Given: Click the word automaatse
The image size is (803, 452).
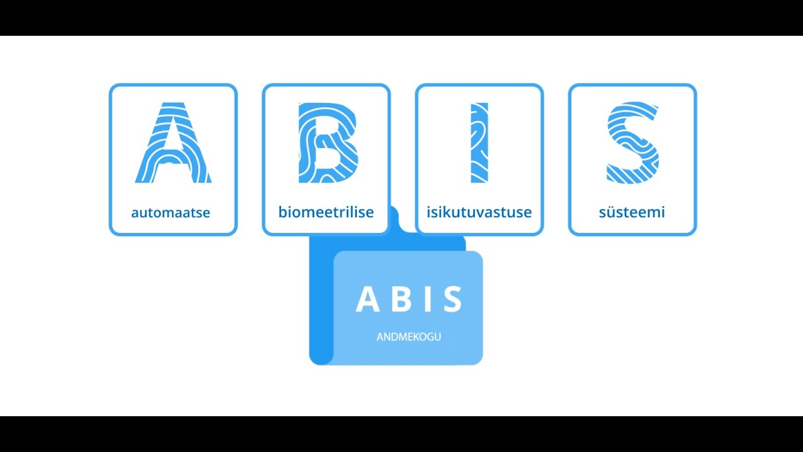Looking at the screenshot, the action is [171, 212].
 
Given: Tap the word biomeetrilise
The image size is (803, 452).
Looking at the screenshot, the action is [326, 212].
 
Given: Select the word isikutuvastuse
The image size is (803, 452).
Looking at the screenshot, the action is [479, 212].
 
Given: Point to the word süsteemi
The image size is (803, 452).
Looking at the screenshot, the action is [632, 212].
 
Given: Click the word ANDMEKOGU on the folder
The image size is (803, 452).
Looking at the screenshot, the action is [408, 337].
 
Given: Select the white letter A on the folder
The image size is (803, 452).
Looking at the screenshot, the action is [368, 299].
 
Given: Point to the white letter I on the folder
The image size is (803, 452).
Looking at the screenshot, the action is [427, 299].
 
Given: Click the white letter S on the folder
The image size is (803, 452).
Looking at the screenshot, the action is [453, 299].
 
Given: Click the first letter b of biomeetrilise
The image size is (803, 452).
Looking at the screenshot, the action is [283, 212].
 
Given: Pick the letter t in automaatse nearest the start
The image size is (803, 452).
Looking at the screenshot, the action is [152, 212].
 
